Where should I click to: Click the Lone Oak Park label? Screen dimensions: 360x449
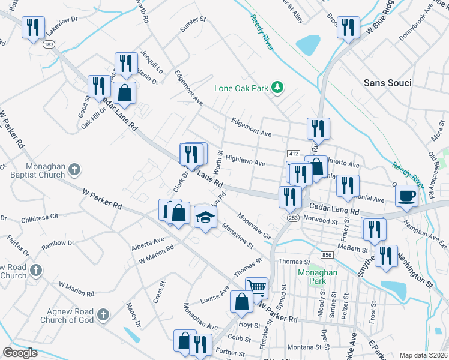[243, 88]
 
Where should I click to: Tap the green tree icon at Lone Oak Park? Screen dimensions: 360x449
[277, 88]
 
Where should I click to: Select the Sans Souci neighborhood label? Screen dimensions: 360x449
[388, 83]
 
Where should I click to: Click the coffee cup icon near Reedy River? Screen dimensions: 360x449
[407, 195]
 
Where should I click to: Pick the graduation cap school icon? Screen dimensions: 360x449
[205, 217]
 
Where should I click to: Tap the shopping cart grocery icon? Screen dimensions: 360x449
[256, 287]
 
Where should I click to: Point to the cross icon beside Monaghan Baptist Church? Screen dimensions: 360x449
[74, 170]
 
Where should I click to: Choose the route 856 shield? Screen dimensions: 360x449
[326, 256]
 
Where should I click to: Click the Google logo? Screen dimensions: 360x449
[20, 353]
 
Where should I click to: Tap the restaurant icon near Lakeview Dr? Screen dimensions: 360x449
[33, 28]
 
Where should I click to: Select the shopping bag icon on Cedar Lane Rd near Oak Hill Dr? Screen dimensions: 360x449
[124, 94]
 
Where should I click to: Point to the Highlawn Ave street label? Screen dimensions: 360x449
[245, 161]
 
